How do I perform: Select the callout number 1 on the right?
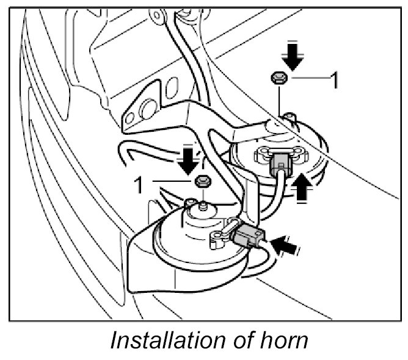333,79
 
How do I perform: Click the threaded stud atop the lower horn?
201,200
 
